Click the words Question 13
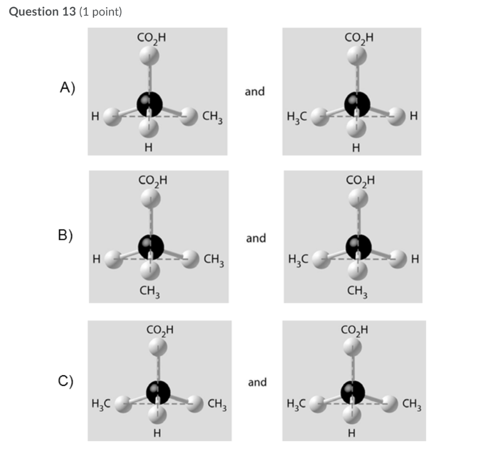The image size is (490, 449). pyautogui.click(x=42, y=12)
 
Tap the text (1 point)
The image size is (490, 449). pyautogui.click(x=100, y=12)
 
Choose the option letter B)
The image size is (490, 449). pyautogui.click(x=66, y=236)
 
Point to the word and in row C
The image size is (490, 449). pyautogui.click(x=257, y=382)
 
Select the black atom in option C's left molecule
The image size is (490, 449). pyautogui.click(x=158, y=392)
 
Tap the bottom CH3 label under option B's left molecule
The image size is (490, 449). pyautogui.click(x=150, y=291)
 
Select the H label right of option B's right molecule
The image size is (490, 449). pyautogui.click(x=415, y=259)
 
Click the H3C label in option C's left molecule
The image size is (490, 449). pyautogui.click(x=101, y=405)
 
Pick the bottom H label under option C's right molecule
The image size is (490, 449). pyautogui.click(x=352, y=434)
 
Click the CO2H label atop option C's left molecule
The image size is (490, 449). pyautogui.click(x=160, y=329)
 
